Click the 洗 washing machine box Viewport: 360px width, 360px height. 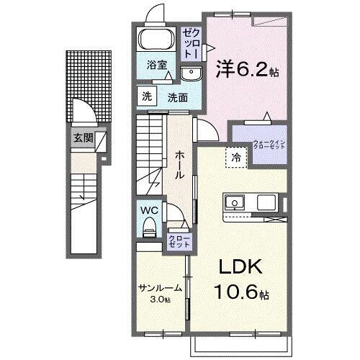click(x=146, y=96)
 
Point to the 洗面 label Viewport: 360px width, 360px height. click(x=178, y=97)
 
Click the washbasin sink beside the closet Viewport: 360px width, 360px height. click(x=192, y=72)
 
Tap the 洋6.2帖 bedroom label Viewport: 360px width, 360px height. click(x=247, y=70)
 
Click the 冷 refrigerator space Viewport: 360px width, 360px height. click(x=235, y=156)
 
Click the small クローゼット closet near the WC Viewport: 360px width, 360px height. click(x=179, y=240)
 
